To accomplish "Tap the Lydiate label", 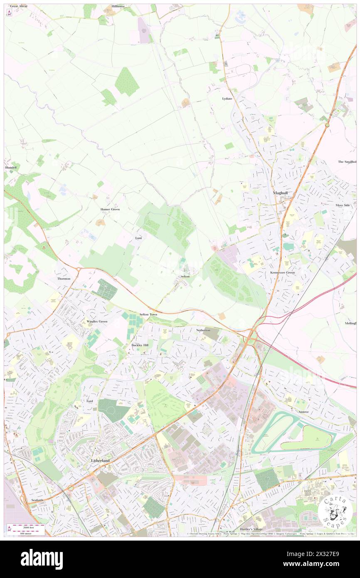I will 227,99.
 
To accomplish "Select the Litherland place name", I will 100,461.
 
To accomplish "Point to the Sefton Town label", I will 148,315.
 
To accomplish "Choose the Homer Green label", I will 110,210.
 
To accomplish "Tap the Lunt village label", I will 139,238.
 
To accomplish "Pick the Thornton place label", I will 64,279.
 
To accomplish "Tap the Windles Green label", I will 97,321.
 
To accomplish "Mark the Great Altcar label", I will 19,7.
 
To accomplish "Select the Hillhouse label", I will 118,7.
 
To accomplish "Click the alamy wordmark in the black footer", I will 42,559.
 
